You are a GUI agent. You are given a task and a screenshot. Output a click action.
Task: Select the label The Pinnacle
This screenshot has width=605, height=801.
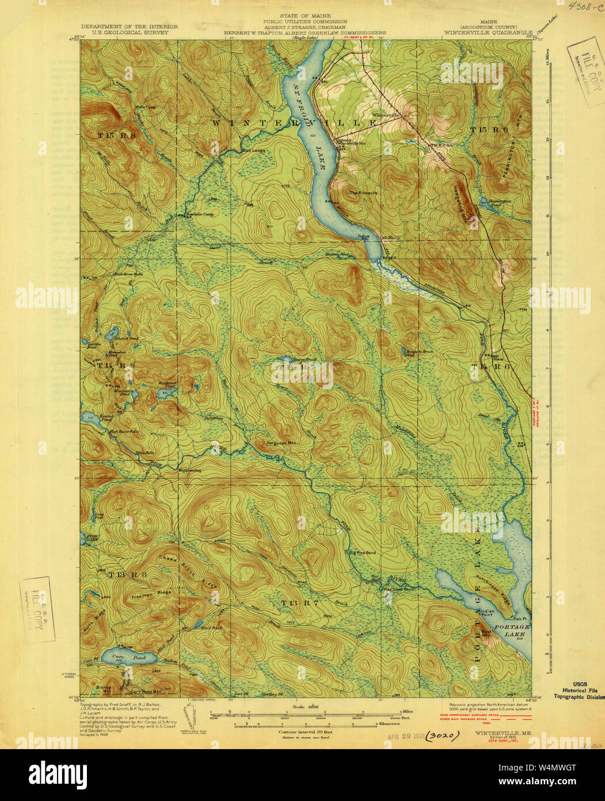363,192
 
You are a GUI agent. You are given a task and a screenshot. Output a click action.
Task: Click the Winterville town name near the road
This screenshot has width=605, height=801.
386,115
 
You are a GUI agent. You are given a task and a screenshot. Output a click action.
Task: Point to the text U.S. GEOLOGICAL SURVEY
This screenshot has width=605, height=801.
130,32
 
